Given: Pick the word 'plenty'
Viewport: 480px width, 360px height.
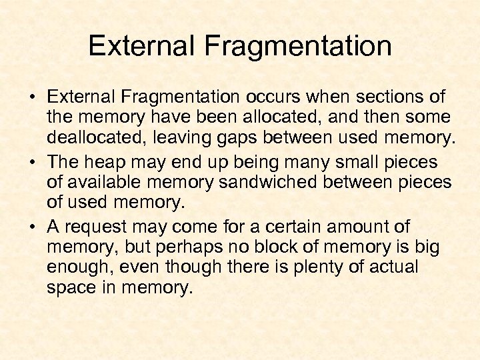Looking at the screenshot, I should pos(309,268).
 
